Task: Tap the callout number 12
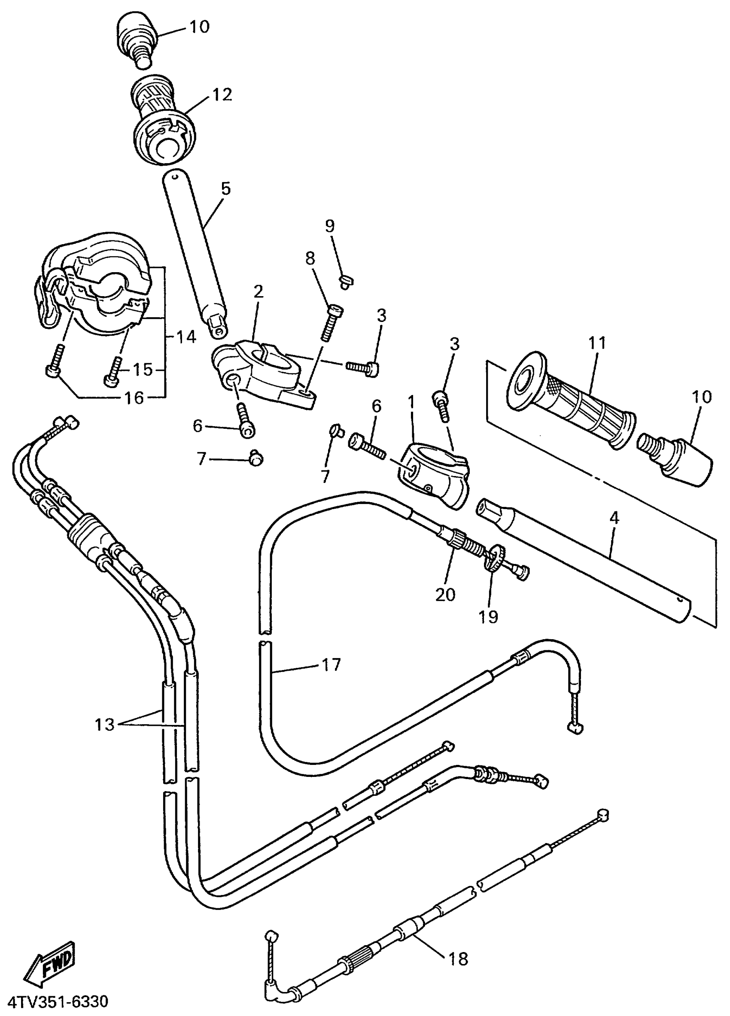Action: [222, 94]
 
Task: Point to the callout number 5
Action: [225, 188]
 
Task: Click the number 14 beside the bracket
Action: [186, 337]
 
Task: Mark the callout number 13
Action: [104, 725]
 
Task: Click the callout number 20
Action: [445, 594]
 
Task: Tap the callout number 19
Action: [489, 617]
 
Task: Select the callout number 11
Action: [598, 343]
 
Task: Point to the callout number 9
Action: [329, 226]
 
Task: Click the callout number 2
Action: [258, 291]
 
